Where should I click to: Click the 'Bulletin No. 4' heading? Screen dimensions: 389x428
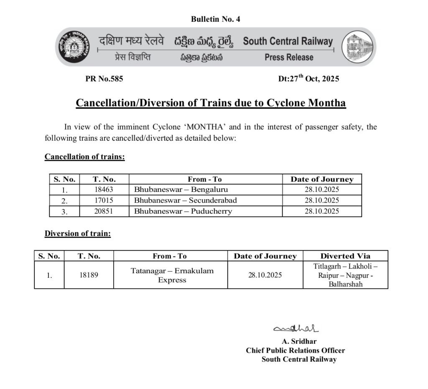215,19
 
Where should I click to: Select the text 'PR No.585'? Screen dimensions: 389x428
104,79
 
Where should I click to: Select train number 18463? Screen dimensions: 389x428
104,190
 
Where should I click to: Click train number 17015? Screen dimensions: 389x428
104,201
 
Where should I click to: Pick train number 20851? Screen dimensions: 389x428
104,211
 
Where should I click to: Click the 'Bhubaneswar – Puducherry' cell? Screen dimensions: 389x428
183,211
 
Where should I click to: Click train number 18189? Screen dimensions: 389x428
89,275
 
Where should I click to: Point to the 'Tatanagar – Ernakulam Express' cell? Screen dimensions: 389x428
172,275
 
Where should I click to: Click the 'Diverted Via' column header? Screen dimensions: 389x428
345,256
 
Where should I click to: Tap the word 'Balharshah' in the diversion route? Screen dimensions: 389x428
345,285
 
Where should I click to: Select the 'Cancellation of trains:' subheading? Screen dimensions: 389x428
85,157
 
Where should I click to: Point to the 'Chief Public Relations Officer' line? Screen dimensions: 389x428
295,351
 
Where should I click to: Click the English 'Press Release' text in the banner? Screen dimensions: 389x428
289,57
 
